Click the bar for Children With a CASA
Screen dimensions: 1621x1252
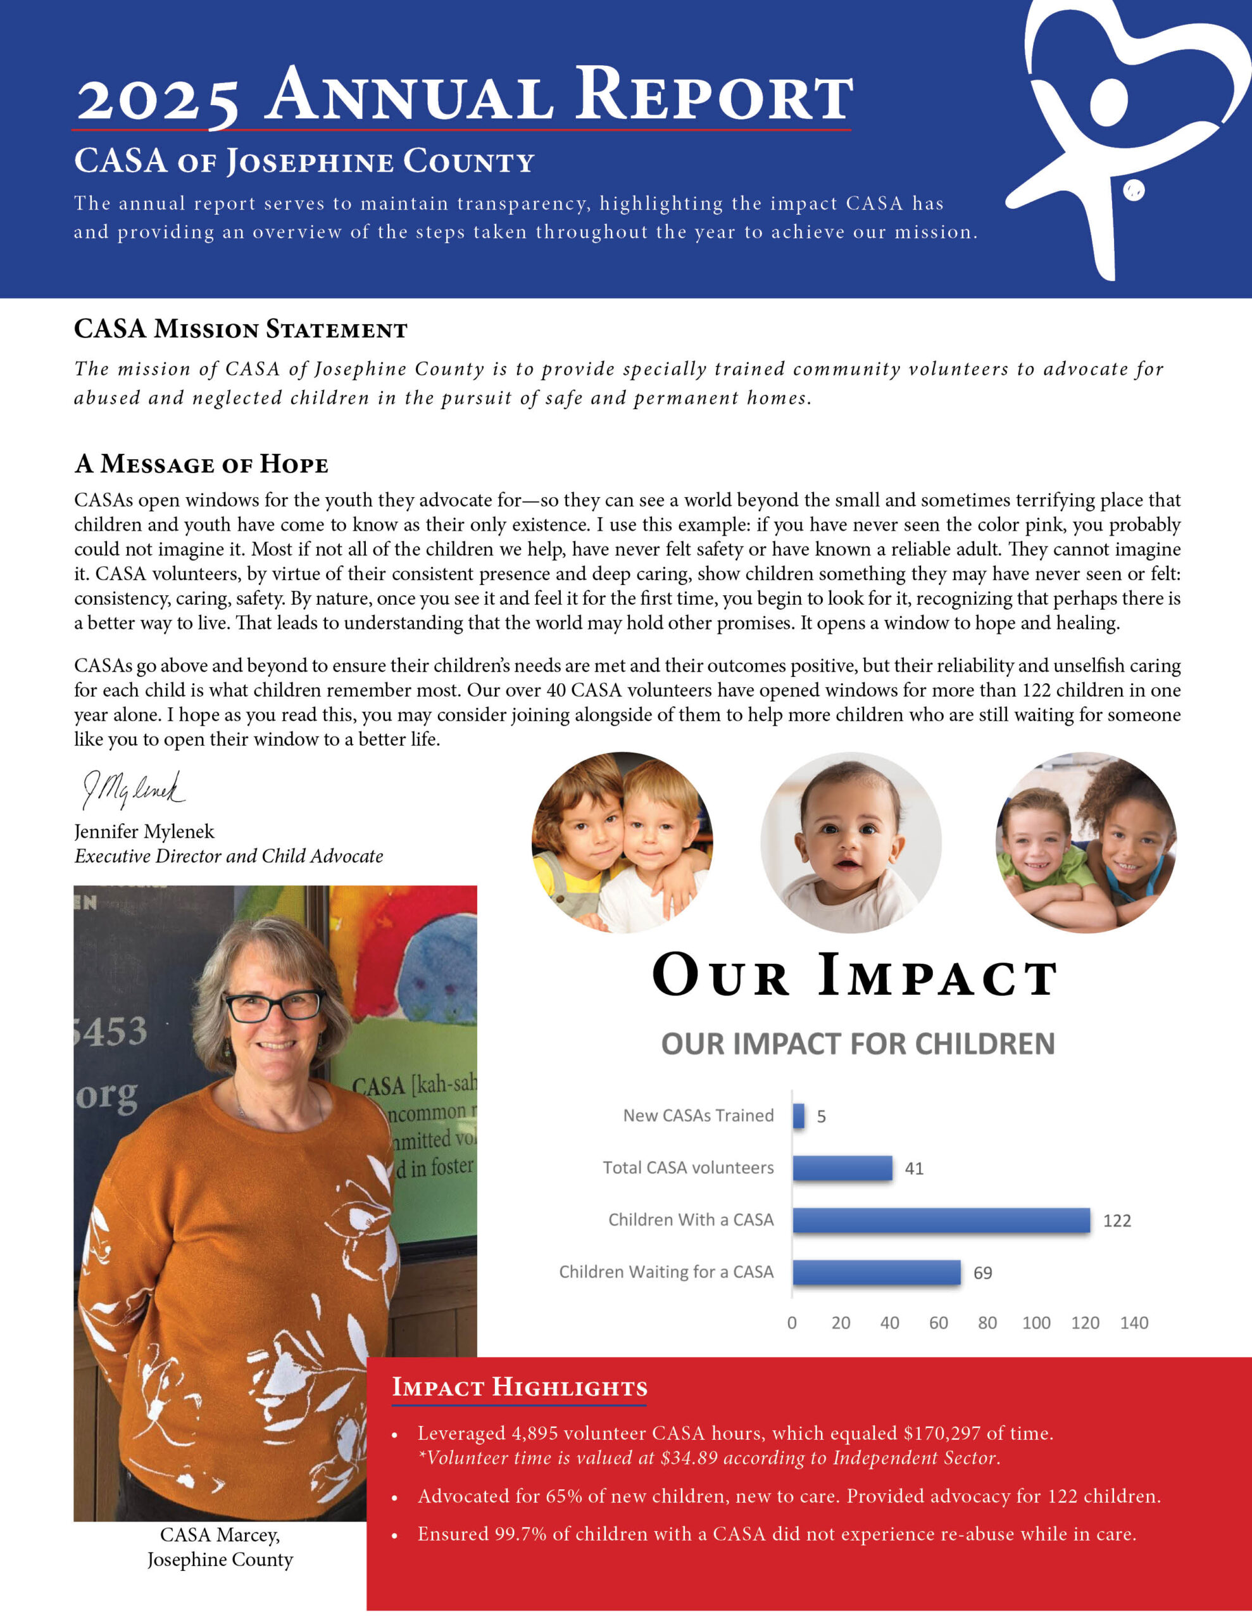point(941,1220)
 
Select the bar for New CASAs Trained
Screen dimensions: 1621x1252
point(799,1116)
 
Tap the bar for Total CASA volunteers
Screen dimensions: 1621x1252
point(842,1168)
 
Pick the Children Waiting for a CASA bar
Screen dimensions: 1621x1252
point(877,1272)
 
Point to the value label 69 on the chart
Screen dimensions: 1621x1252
point(982,1273)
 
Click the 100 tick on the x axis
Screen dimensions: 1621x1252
point(1036,1323)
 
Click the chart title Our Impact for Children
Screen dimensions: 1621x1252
point(858,1044)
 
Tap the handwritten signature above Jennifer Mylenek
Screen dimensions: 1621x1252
point(134,790)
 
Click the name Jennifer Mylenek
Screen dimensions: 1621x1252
point(144,832)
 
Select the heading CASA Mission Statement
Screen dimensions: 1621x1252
point(241,329)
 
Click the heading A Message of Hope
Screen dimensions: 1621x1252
point(201,464)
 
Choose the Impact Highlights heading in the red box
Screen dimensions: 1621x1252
point(520,1387)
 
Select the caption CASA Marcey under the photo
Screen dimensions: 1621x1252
point(220,1535)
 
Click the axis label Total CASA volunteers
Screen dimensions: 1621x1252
point(688,1168)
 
